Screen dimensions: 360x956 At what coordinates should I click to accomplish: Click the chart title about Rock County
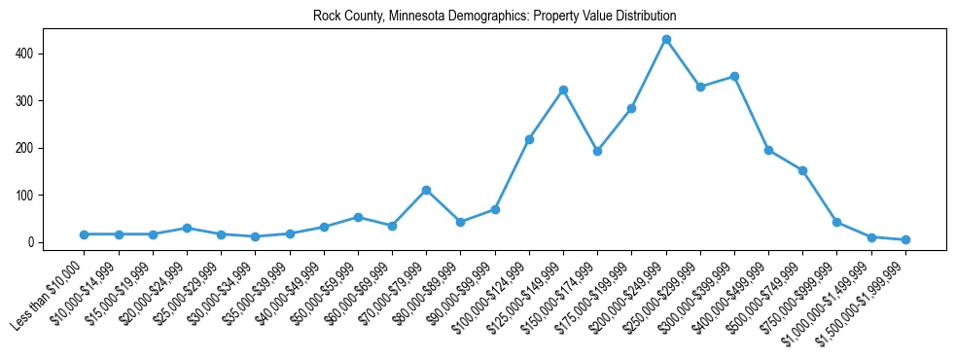(x=494, y=17)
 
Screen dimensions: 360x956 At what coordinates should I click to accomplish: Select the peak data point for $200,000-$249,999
(x=666, y=40)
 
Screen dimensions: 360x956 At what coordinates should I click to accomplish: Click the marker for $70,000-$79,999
(x=426, y=191)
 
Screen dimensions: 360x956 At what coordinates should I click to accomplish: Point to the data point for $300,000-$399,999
(x=734, y=76)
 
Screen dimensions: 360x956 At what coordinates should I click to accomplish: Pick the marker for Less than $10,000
(x=84, y=234)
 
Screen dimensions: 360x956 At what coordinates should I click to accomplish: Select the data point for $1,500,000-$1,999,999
(x=905, y=239)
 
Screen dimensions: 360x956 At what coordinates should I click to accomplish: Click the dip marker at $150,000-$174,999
(x=597, y=151)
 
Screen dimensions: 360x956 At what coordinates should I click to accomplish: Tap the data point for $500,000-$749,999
(x=802, y=170)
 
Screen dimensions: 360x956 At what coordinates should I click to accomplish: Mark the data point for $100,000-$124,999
(x=529, y=139)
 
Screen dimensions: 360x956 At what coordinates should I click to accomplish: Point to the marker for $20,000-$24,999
(x=187, y=228)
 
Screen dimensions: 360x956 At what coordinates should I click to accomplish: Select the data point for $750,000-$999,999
(x=836, y=222)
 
